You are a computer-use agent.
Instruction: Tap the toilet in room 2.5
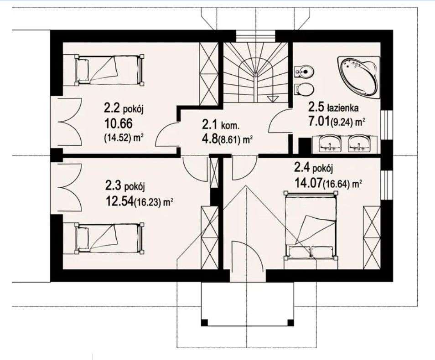point(304,89)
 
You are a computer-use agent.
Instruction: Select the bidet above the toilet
point(304,72)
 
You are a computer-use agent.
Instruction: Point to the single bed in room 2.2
point(109,69)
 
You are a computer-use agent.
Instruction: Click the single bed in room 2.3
point(109,238)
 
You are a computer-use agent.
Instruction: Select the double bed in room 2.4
point(311,226)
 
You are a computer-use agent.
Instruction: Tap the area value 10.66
point(118,123)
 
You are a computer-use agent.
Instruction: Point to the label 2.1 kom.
point(221,125)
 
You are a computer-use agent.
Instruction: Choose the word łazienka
point(342,108)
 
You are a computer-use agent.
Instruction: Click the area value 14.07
point(308,183)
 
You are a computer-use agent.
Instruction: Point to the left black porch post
point(204,323)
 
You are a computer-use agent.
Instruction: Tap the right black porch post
point(290,323)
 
